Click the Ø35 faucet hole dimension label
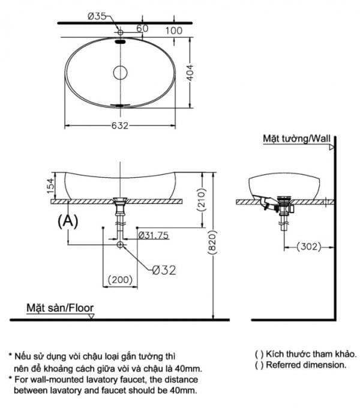click(x=97, y=16)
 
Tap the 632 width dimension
click(x=120, y=125)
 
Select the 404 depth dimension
click(x=190, y=73)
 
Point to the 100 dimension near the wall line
click(x=174, y=31)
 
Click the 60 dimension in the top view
click(x=142, y=28)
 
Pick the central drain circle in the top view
click(x=120, y=73)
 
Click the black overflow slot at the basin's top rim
click(x=120, y=41)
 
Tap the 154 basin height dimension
click(x=50, y=185)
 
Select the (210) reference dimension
click(x=202, y=199)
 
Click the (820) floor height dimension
click(x=212, y=243)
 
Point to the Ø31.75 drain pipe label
click(x=154, y=235)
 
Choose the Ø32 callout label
click(x=164, y=270)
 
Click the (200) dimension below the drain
click(x=120, y=280)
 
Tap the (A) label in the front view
click(x=68, y=221)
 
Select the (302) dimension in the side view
click(x=309, y=247)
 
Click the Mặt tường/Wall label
click(x=296, y=139)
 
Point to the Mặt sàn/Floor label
click(x=60, y=308)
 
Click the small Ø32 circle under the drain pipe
click(x=120, y=244)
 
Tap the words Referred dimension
click(x=306, y=365)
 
